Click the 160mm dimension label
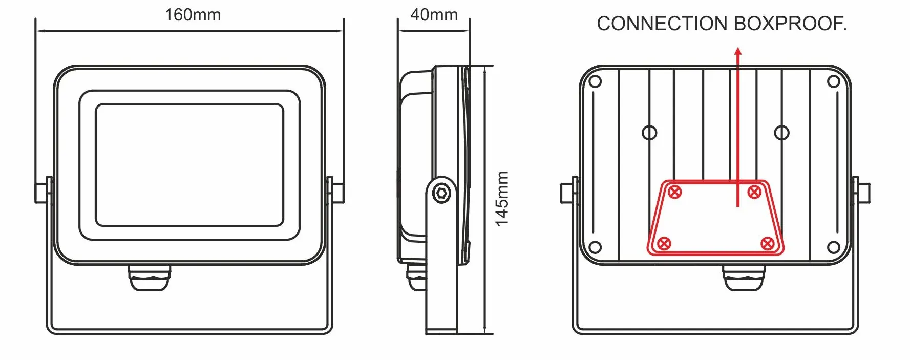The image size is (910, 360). pyautogui.click(x=193, y=15)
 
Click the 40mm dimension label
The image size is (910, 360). pyautogui.click(x=434, y=15)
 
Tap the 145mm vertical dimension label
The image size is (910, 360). pyautogui.click(x=502, y=199)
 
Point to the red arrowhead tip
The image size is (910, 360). pyautogui.click(x=738, y=50)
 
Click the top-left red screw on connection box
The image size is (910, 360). pyautogui.click(x=675, y=193)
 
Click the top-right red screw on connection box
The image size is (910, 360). pyautogui.click(x=754, y=193)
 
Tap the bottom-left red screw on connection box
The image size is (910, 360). pyautogui.click(x=664, y=243)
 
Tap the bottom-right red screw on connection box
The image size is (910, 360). pyautogui.click(x=767, y=243)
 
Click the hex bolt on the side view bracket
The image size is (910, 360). pyautogui.click(x=441, y=194)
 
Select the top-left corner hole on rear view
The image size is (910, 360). pyautogui.click(x=595, y=81)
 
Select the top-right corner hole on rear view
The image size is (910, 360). pyautogui.click(x=833, y=81)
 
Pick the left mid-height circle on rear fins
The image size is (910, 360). pyautogui.click(x=649, y=133)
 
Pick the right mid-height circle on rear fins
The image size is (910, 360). pyautogui.click(x=781, y=133)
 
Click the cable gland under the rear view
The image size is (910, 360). pyautogui.click(x=744, y=278)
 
